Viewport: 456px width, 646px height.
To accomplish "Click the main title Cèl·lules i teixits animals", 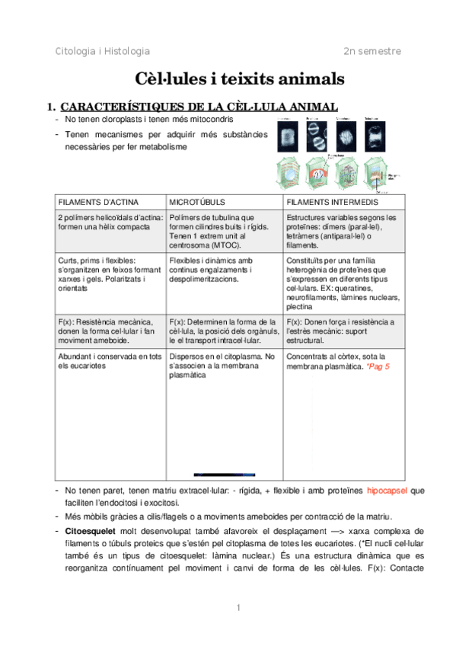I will [x=228, y=78].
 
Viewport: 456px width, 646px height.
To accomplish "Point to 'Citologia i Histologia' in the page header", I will [x=103, y=51].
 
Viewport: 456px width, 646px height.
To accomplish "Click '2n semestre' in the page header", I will [x=371, y=51].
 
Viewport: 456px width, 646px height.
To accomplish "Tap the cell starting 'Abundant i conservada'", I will [x=110, y=361].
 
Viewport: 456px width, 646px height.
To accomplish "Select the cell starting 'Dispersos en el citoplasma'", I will [x=222, y=366].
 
